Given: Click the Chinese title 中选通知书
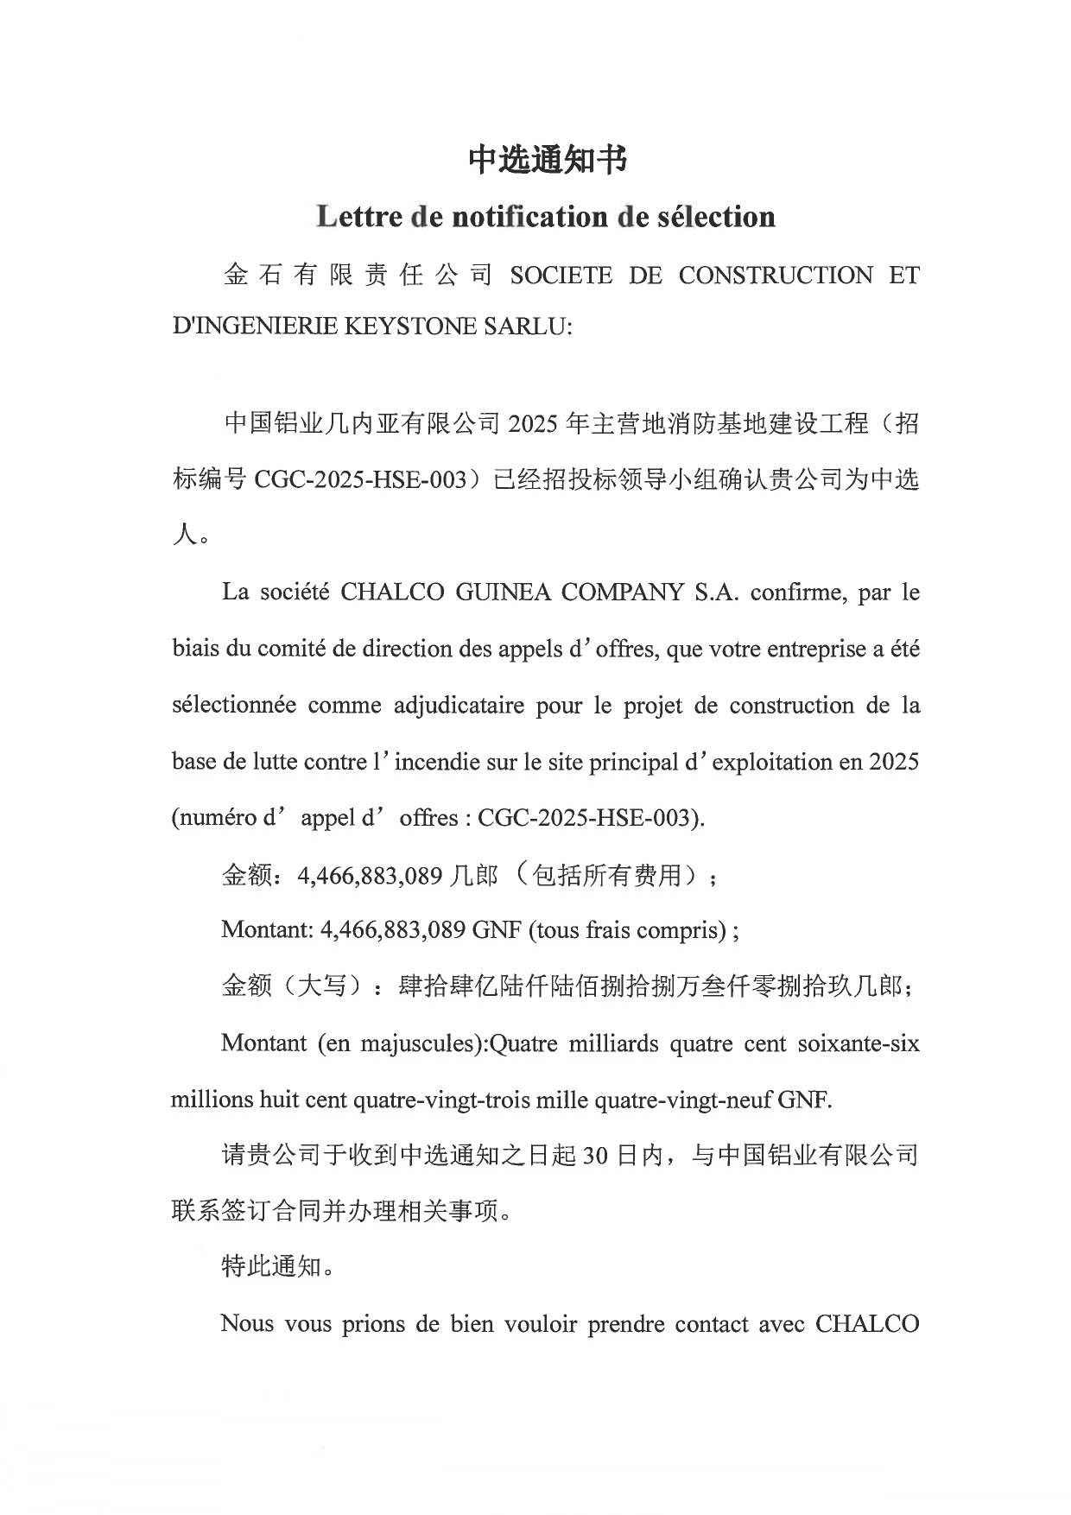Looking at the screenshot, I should click(547, 160).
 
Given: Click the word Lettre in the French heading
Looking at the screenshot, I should click(357, 216).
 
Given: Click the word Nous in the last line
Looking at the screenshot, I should click(247, 1323).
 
